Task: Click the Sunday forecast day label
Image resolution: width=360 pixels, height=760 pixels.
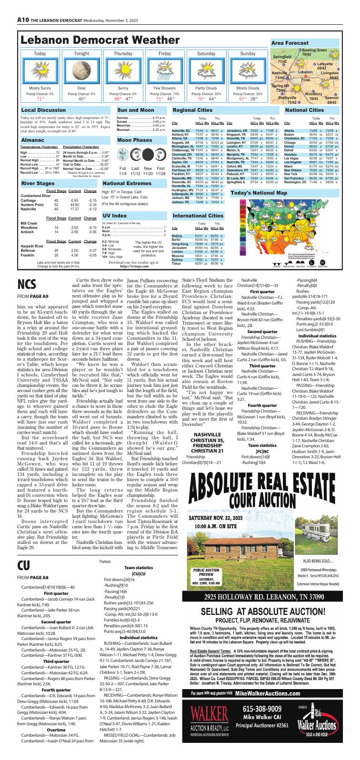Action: coord(248,54)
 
